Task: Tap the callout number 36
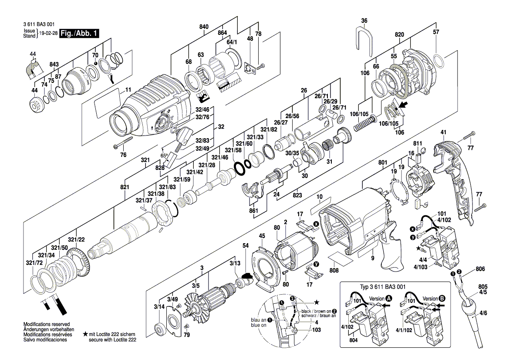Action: click(364, 20)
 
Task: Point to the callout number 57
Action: click(436, 32)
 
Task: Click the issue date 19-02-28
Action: click(48, 34)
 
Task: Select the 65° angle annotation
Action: click(164, 156)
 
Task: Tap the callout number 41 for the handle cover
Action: click(444, 132)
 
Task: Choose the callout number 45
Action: click(262, 236)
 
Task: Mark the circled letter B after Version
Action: click(442, 299)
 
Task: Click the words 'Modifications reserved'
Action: click(47, 324)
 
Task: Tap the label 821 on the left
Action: click(125, 187)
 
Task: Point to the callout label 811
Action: click(418, 144)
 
